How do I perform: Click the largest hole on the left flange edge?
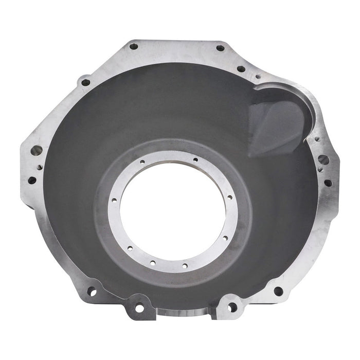pos(37,151)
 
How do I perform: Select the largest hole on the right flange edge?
pos(323,160)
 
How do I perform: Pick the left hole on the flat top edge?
pos(134,46)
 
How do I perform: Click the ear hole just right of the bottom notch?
pos(232,308)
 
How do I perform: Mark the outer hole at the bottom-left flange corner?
pos(92,292)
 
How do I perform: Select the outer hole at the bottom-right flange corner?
pos(278,291)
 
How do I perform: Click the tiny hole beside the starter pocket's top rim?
pos(258,77)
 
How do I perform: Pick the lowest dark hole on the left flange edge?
pos(32,181)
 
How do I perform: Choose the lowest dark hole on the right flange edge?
pos(328,183)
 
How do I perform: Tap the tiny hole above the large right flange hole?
pos(318,139)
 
